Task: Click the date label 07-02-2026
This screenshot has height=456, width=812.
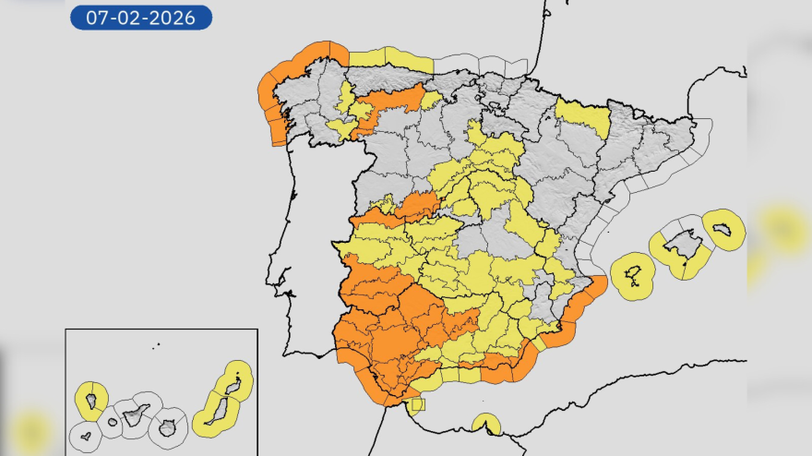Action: (141, 18)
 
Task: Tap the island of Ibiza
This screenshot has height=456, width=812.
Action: (634, 274)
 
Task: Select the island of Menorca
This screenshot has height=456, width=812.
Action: (724, 227)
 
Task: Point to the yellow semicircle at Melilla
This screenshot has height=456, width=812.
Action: (485, 426)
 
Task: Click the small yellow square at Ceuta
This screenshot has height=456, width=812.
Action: (418, 404)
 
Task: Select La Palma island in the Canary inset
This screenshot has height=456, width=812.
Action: (91, 401)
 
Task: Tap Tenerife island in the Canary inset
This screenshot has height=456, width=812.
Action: (136, 416)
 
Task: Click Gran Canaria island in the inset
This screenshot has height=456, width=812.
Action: (167, 428)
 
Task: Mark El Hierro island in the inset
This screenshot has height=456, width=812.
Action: (86, 436)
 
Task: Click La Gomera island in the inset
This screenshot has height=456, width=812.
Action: (113, 424)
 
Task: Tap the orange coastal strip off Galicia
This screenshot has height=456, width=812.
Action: (275, 102)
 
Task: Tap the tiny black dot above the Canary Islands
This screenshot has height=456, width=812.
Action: (157, 346)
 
